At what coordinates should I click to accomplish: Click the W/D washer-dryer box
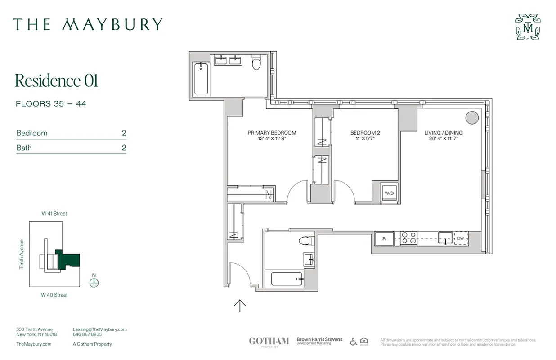(389, 193)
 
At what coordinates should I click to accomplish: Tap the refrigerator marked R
(384, 238)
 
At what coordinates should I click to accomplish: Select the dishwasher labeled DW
(461, 238)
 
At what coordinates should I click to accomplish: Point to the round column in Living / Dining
(472, 118)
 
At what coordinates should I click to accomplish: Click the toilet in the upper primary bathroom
(256, 63)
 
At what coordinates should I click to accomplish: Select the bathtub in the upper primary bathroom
(201, 79)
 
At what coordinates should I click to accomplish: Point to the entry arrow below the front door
(240, 306)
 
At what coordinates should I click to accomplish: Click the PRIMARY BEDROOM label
(272, 133)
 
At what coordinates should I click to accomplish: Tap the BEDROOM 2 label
(365, 133)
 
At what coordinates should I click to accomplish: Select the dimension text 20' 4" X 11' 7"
(444, 139)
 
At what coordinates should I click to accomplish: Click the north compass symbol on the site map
(94, 282)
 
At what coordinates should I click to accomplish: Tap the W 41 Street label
(54, 214)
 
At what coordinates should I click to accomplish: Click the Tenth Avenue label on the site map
(21, 254)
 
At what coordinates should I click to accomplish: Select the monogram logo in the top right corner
(528, 27)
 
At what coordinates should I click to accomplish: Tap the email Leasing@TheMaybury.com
(100, 329)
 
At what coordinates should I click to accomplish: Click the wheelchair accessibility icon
(354, 342)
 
